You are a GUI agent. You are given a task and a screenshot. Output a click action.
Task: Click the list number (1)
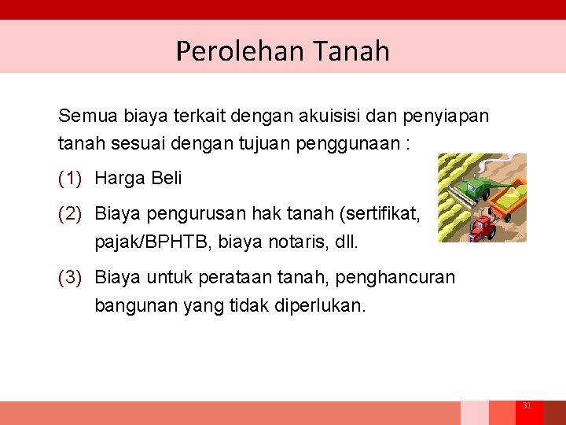click(x=70, y=178)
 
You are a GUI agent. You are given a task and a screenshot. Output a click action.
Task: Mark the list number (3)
click(x=70, y=278)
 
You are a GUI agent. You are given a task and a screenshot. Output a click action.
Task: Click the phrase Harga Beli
click(x=138, y=178)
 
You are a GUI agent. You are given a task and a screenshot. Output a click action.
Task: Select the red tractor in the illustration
click(x=481, y=228)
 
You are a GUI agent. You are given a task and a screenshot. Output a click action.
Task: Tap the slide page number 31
click(x=527, y=405)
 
